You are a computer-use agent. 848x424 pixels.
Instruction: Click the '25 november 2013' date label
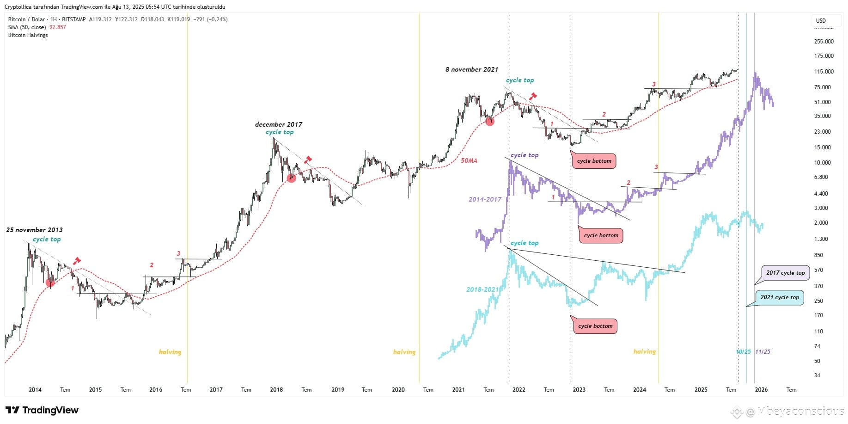(x=34, y=230)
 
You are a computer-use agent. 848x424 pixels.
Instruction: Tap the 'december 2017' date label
(x=279, y=124)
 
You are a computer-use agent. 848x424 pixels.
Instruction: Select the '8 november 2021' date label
(x=472, y=69)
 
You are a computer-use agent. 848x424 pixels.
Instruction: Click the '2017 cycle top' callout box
(x=785, y=272)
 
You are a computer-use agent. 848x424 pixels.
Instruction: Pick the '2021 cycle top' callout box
(x=780, y=297)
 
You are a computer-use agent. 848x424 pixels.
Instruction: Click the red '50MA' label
(x=469, y=160)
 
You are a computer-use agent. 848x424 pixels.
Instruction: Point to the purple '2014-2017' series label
(x=485, y=199)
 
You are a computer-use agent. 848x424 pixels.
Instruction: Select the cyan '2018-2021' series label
(x=482, y=289)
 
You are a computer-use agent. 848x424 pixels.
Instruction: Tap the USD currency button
(x=821, y=20)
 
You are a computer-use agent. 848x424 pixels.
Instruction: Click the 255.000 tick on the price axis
(x=824, y=41)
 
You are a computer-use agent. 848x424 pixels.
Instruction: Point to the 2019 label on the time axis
(x=338, y=390)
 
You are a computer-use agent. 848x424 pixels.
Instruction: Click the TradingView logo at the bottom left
(x=42, y=410)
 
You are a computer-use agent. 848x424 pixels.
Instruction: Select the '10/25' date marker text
(x=743, y=352)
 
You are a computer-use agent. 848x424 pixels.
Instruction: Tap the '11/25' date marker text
(x=763, y=352)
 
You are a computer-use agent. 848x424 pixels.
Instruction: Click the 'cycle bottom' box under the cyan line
(x=595, y=326)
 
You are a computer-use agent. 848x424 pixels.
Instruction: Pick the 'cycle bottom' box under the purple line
(x=601, y=235)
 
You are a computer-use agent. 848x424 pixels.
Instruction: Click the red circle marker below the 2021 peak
(x=490, y=122)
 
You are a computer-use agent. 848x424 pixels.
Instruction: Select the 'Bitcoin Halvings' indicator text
(x=28, y=35)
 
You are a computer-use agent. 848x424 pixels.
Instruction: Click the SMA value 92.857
(x=58, y=27)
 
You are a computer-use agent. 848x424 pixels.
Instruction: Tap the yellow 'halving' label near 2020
(x=404, y=352)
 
